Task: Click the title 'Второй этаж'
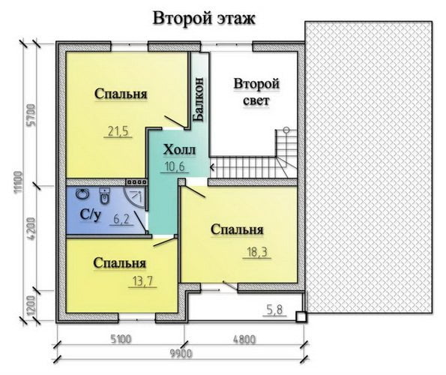point(204,19)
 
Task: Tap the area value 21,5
point(118,131)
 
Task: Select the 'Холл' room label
point(179,150)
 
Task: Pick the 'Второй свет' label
point(256,92)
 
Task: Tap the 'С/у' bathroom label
point(91,214)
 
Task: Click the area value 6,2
point(121,219)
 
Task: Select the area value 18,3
point(257,252)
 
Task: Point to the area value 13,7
point(142,281)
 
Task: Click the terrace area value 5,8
point(275,309)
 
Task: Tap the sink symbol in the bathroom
point(82,194)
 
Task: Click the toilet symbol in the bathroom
point(105,196)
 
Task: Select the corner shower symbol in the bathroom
point(136,195)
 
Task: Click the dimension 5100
point(121,339)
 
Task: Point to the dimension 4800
point(244,340)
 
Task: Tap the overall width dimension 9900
point(181,354)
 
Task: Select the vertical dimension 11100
point(18,182)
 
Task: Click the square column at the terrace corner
point(301,317)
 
